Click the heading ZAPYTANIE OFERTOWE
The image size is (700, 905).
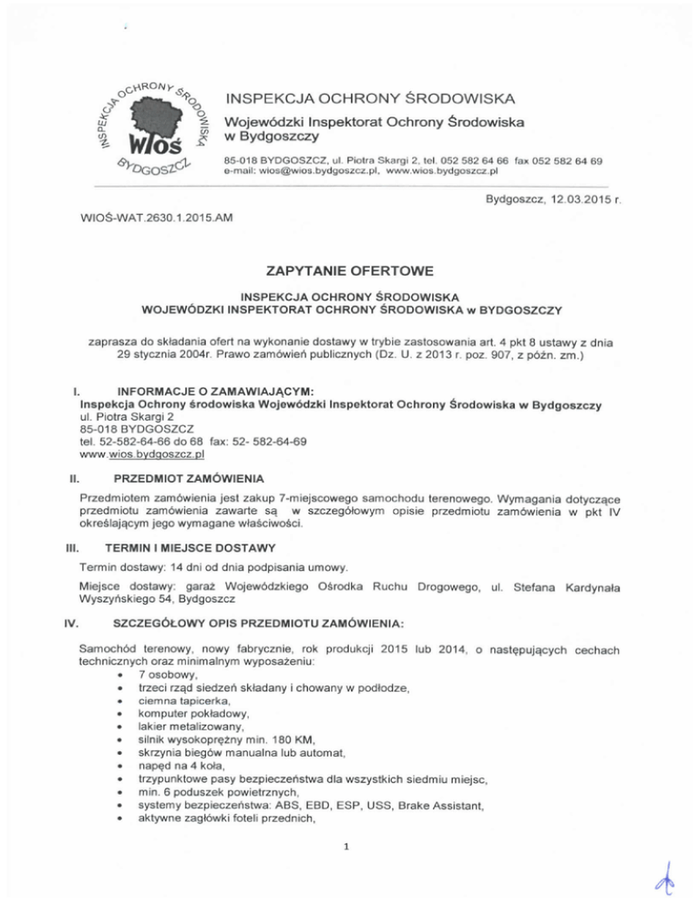coord(349,270)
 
